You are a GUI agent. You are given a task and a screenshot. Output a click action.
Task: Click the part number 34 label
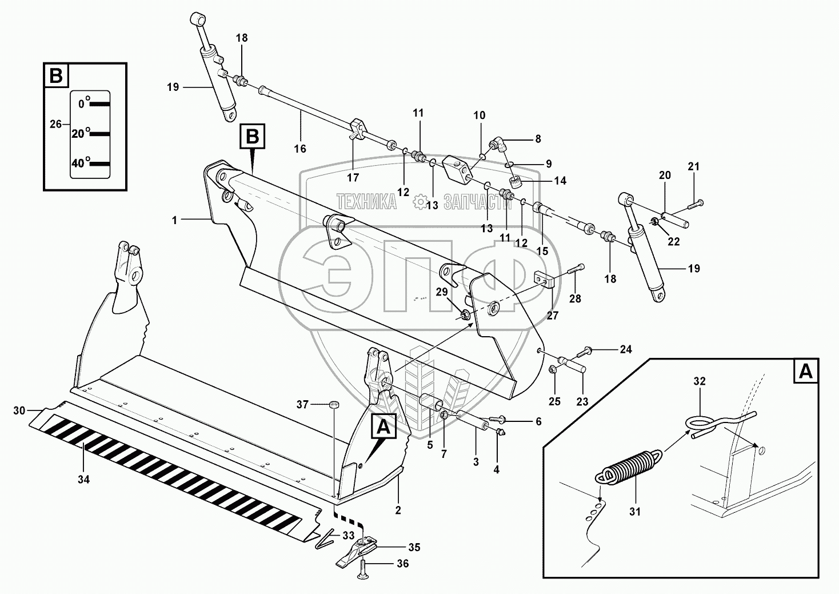coord(83,480)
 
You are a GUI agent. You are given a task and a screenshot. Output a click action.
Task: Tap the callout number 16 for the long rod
coord(300,149)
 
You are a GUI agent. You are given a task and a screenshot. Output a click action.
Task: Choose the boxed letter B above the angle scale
coord(56,76)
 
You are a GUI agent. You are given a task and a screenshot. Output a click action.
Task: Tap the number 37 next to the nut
coord(302,405)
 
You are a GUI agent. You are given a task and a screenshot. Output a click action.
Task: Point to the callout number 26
coord(55,123)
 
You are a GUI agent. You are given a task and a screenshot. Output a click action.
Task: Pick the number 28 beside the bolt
coord(574,299)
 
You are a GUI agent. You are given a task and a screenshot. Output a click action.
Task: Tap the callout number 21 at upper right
coord(693,167)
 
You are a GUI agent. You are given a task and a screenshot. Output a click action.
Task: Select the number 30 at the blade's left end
coord(19,410)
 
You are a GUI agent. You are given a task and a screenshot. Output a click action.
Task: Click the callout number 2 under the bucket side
coord(398,509)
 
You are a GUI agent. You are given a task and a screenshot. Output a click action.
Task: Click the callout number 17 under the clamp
coord(353,178)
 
